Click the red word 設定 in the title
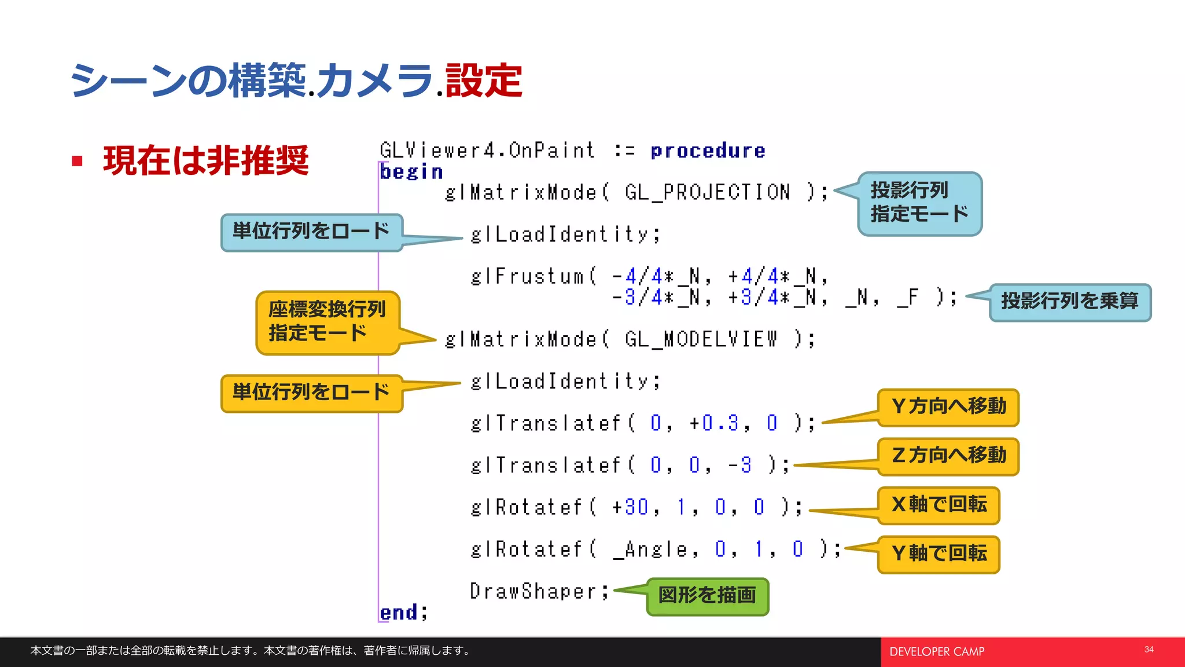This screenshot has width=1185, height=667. [x=484, y=80]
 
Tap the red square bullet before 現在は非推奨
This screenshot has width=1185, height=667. [x=77, y=161]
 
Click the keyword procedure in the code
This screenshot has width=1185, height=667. [x=708, y=151]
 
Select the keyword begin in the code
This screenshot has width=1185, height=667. [x=411, y=172]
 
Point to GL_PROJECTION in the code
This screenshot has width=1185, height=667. [x=707, y=192]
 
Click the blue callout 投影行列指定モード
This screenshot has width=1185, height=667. [x=919, y=203]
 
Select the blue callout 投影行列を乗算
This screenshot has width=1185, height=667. [x=1069, y=302]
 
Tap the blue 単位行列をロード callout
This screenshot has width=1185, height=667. [x=311, y=232]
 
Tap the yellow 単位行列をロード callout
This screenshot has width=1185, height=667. [x=311, y=393]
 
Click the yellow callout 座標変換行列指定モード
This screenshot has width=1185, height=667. [x=327, y=322]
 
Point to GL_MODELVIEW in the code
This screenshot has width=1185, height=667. [x=701, y=339]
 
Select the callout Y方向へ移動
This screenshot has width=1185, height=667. [x=948, y=407]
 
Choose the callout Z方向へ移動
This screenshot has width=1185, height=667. [x=948, y=456]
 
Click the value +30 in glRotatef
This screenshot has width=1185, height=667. [x=631, y=507]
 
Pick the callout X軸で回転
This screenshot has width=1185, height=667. [x=939, y=505]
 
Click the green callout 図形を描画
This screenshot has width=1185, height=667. [x=707, y=596]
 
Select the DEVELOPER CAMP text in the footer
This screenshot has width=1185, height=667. [x=937, y=652]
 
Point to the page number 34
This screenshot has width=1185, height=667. [x=1149, y=650]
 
